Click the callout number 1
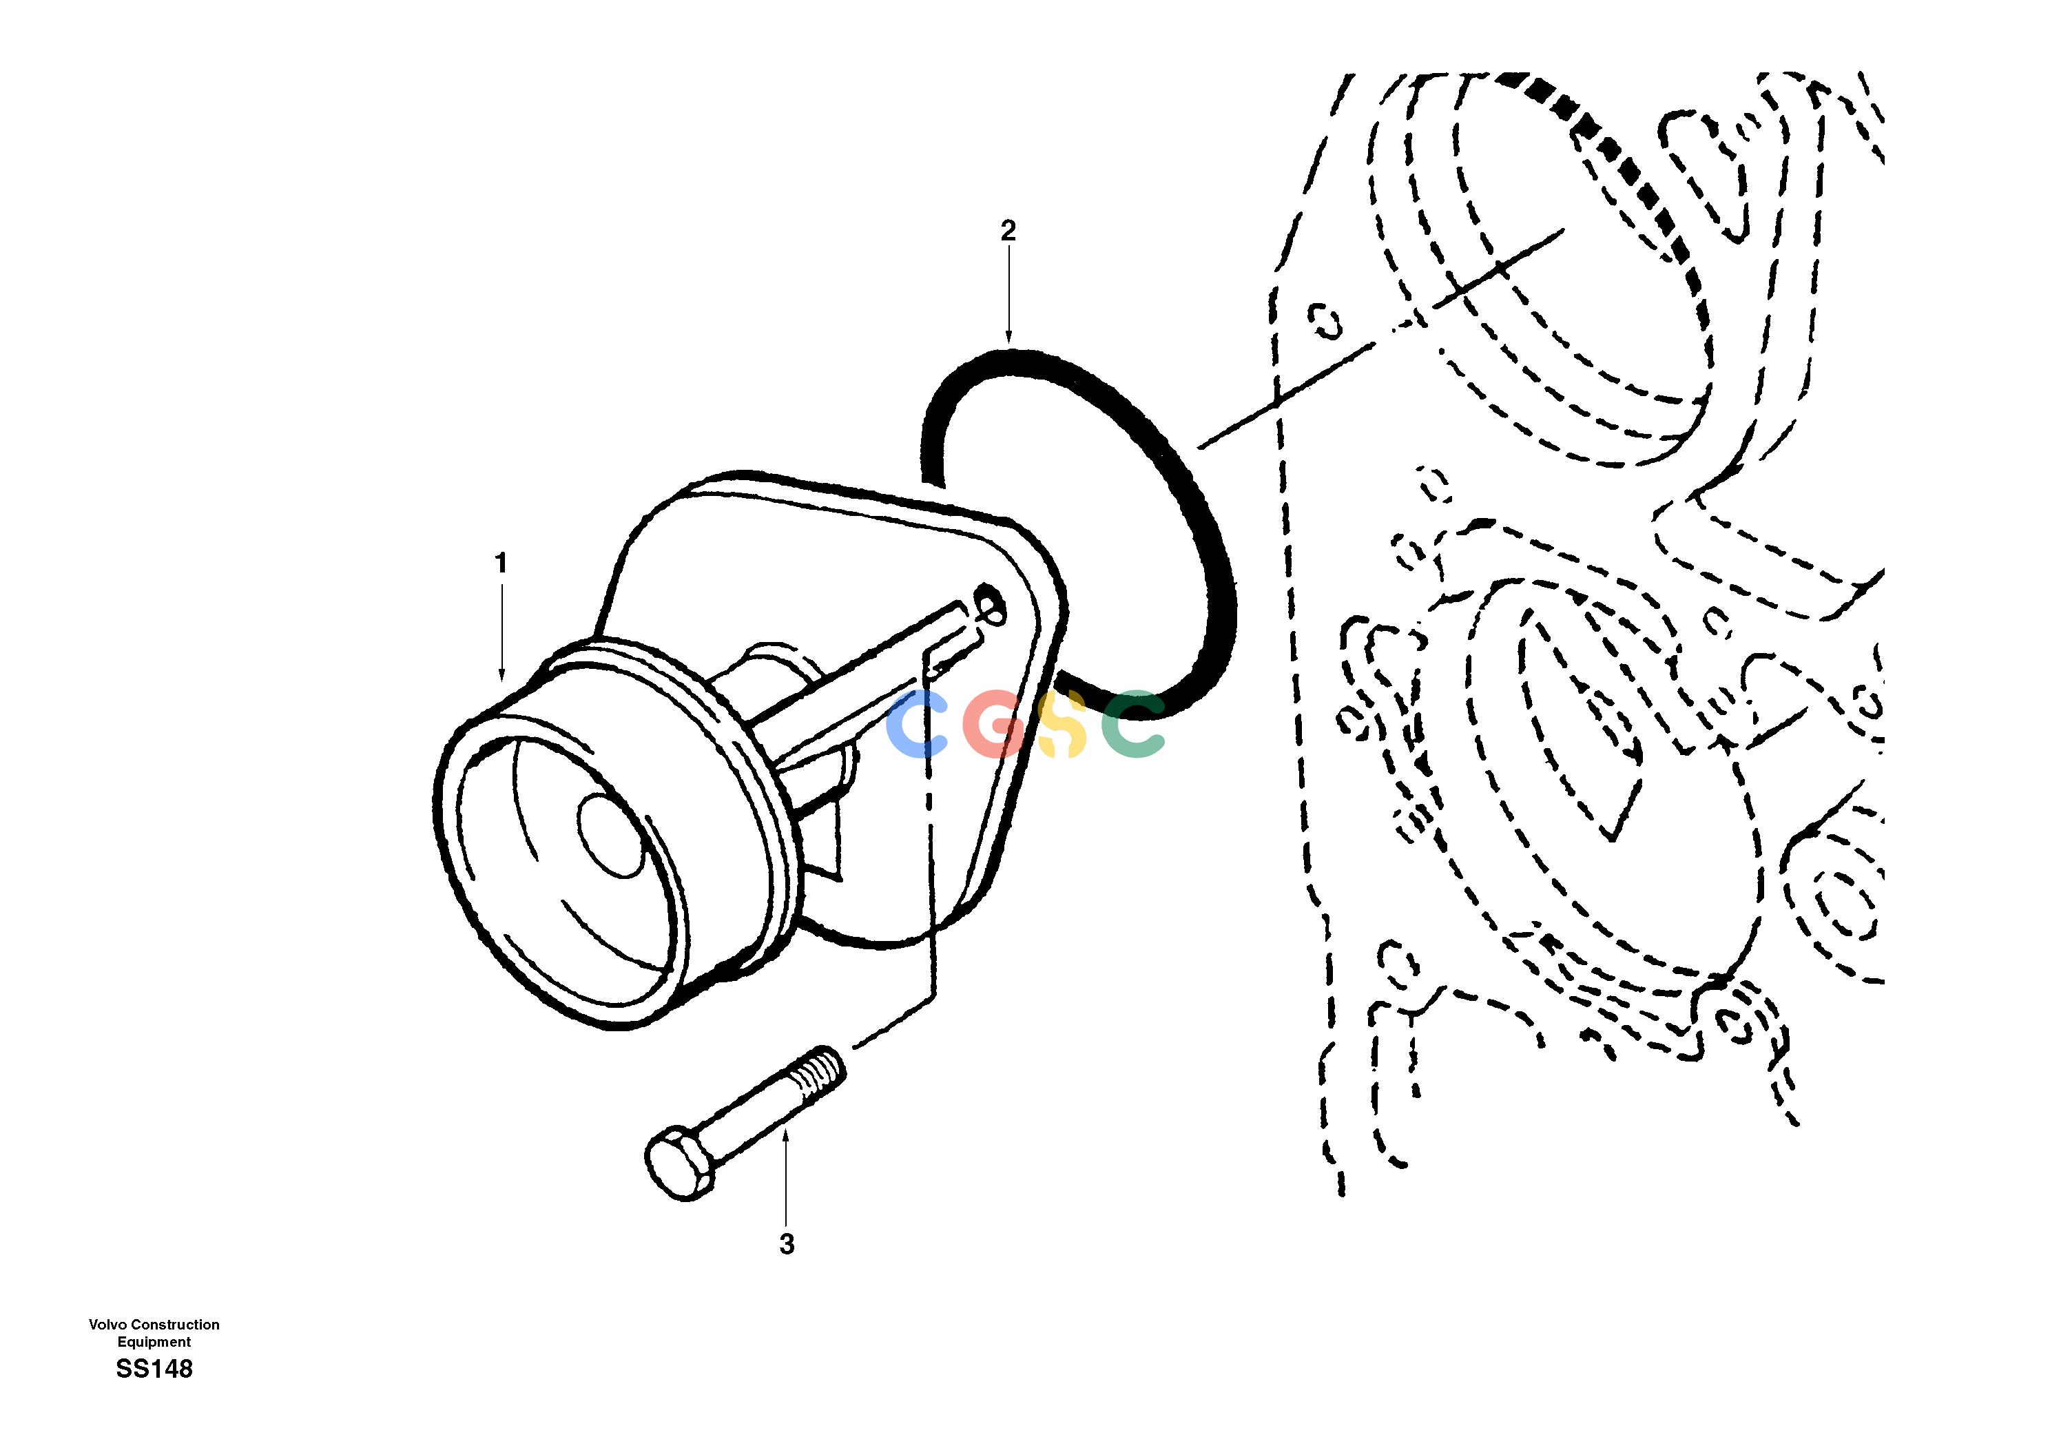coord(501,563)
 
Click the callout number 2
coord(1008,231)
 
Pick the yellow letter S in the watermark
coord(1061,724)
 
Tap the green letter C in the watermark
coord(1132,724)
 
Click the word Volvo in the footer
coord(107,1325)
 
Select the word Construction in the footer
coord(175,1325)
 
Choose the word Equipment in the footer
coord(154,1342)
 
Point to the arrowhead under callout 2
coord(1009,338)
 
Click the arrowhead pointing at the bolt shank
coord(786,1135)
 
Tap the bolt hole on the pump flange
coord(989,603)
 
